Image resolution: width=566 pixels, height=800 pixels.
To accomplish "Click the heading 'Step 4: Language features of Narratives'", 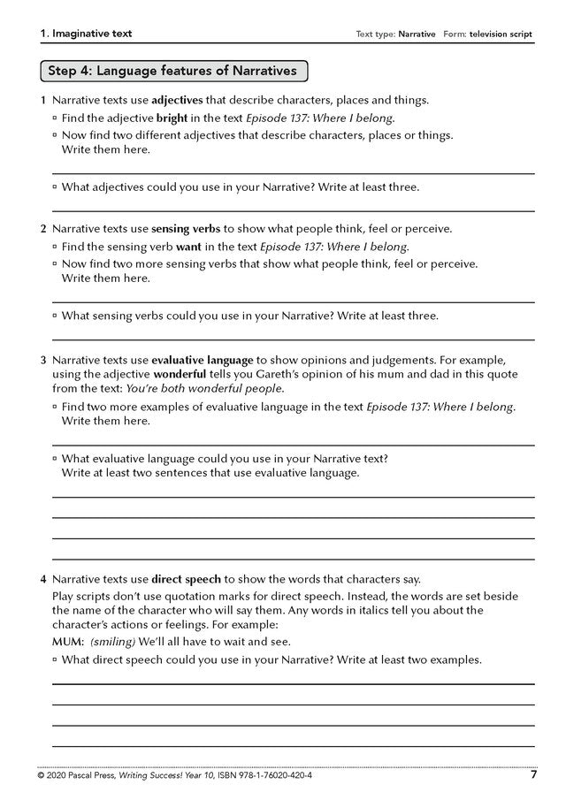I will pyautogui.click(x=172, y=70).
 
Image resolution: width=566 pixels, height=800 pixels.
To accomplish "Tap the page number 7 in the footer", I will pyautogui.click(x=533, y=776).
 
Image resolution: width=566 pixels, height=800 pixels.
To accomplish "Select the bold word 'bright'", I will pyautogui.click(x=172, y=118).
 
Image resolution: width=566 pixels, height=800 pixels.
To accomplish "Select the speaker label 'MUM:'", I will pyautogui.click(x=68, y=641).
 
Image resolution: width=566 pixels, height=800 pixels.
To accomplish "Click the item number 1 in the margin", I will pyautogui.click(x=42, y=101).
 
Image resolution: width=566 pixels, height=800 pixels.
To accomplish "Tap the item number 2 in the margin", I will pyautogui.click(x=42, y=229).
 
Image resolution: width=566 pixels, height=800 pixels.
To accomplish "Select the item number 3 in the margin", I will pyautogui.click(x=42, y=361).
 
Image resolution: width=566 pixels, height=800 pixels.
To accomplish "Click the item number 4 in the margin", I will pyautogui.click(x=42, y=580).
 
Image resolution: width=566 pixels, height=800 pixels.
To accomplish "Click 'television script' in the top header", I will pyautogui.click(x=501, y=34).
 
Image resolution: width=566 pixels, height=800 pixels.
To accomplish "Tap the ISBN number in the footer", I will pyautogui.click(x=270, y=776).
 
